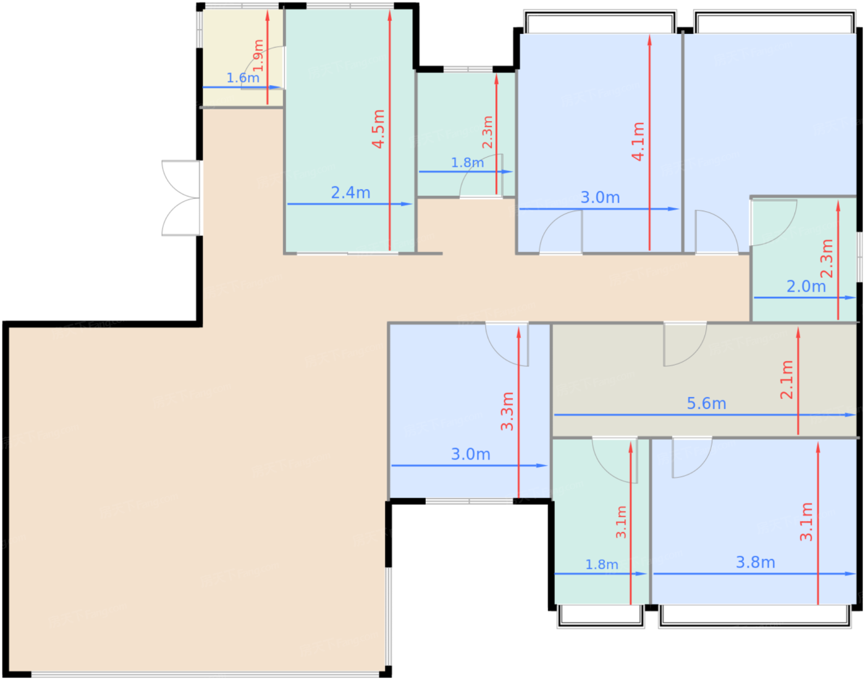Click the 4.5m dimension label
tap(379, 129)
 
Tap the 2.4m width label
tap(350, 193)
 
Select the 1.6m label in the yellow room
tap(243, 78)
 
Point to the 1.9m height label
tap(258, 56)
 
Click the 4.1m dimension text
tap(638, 141)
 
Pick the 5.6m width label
tap(706, 403)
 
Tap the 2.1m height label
tap(787, 380)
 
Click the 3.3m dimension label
tap(507, 411)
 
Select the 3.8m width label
tap(755, 562)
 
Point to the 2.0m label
tap(806, 287)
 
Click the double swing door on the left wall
tap(181, 198)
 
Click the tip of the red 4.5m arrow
tap(390, 14)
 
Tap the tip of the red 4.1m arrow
tap(649, 38)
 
